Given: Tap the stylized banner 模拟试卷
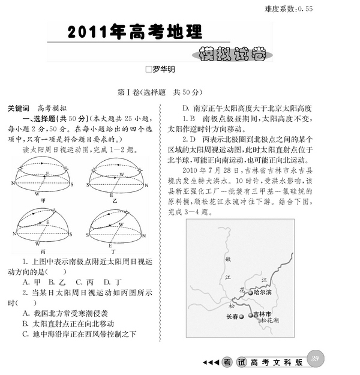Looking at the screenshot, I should point(232,55).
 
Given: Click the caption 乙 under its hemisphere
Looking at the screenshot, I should point(115,201).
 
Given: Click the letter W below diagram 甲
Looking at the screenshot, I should point(37,194).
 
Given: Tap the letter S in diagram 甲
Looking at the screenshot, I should point(71,185).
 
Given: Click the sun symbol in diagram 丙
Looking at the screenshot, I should point(54,209).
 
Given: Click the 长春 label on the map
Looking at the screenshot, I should point(233,316).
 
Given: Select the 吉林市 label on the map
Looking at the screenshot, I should point(262,313).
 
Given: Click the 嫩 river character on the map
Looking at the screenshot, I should point(228,259).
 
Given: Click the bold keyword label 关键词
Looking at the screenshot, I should point(19,109).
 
